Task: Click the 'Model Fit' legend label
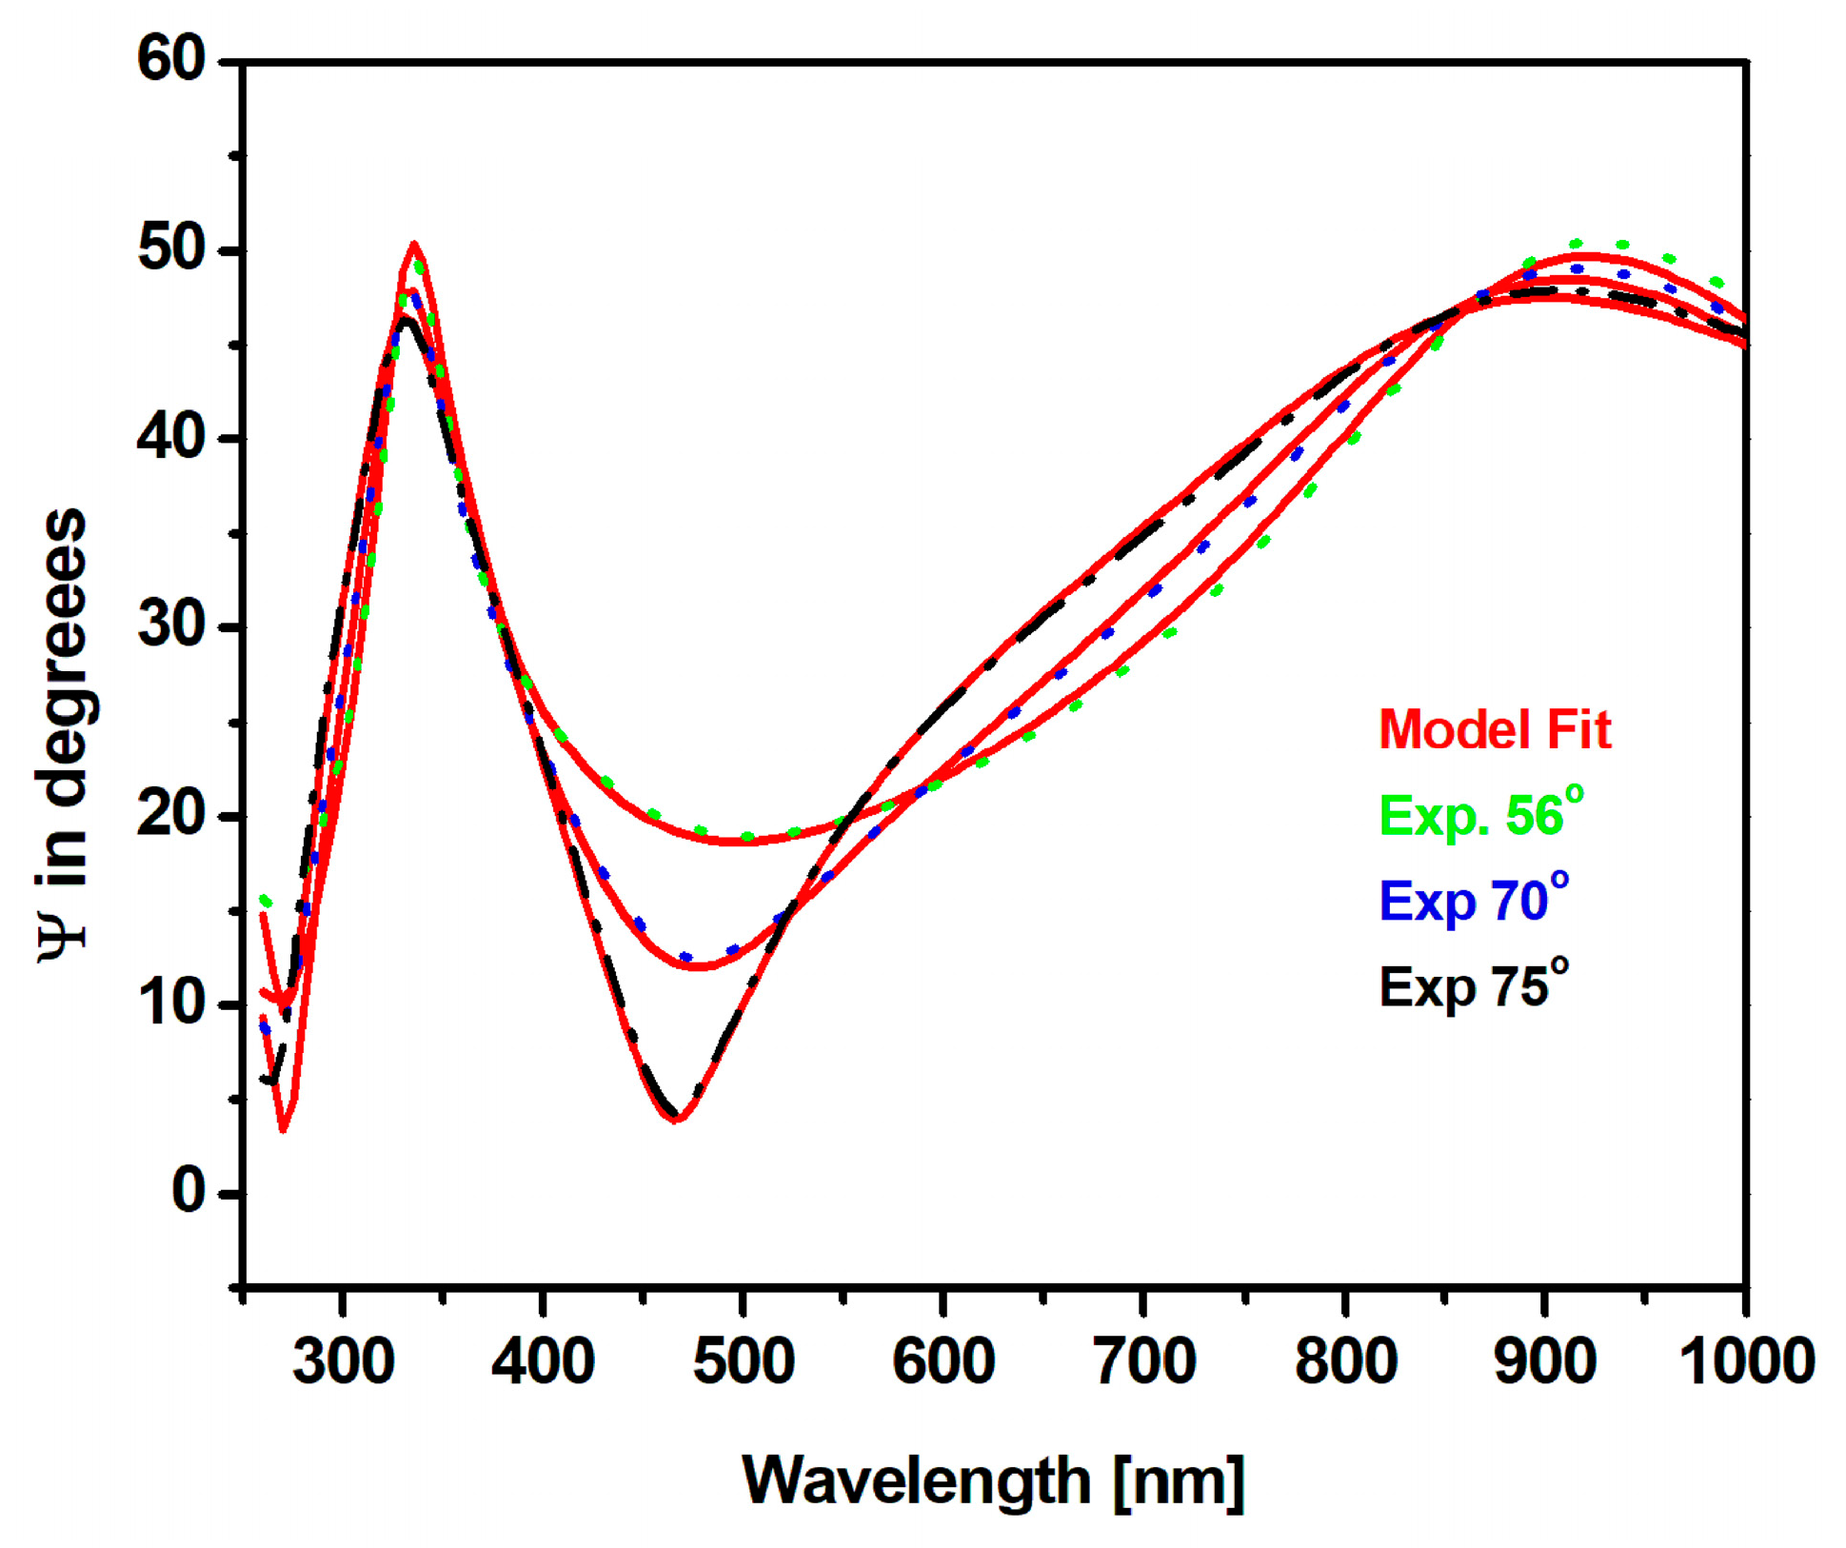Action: coord(1494,730)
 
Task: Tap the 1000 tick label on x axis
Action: coord(1745,1361)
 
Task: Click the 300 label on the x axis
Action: coord(343,1361)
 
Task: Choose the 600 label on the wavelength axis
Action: coord(943,1361)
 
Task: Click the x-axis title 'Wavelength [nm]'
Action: coord(993,1480)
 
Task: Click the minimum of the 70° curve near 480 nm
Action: coord(698,966)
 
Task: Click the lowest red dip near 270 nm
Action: coord(283,1130)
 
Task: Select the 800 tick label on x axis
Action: coord(1344,1361)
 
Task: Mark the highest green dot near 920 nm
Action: coord(1576,244)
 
